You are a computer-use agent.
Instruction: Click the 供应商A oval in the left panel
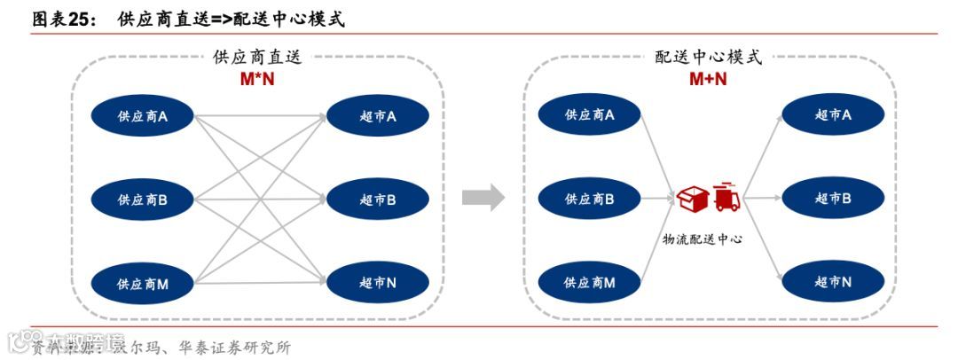[143, 115]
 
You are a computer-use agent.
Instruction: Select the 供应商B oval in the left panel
[143, 200]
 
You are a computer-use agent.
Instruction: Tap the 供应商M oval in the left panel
[143, 284]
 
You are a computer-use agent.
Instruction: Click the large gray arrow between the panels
[483, 199]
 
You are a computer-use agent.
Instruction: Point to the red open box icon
[692, 200]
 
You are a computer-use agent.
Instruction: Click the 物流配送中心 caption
[703, 239]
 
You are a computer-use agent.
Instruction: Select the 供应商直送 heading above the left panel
[258, 58]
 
